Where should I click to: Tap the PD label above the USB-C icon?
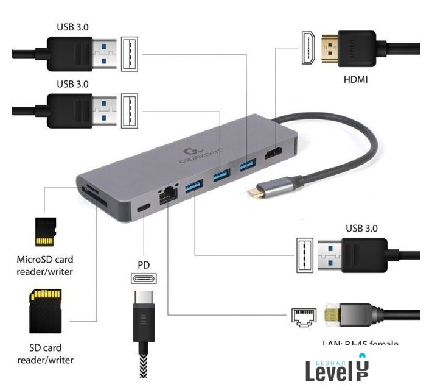(144, 265)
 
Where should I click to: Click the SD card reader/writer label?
(51, 354)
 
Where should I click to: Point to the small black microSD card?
(46, 230)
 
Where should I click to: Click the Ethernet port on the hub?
(166, 196)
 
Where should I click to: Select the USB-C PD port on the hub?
(144, 207)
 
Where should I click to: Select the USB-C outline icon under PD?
(144, 278)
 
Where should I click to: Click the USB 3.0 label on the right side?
(362, 228)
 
